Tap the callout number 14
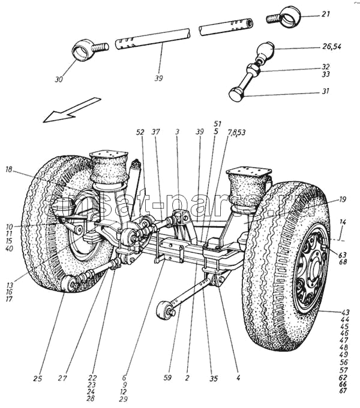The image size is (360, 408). (343, 222)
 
